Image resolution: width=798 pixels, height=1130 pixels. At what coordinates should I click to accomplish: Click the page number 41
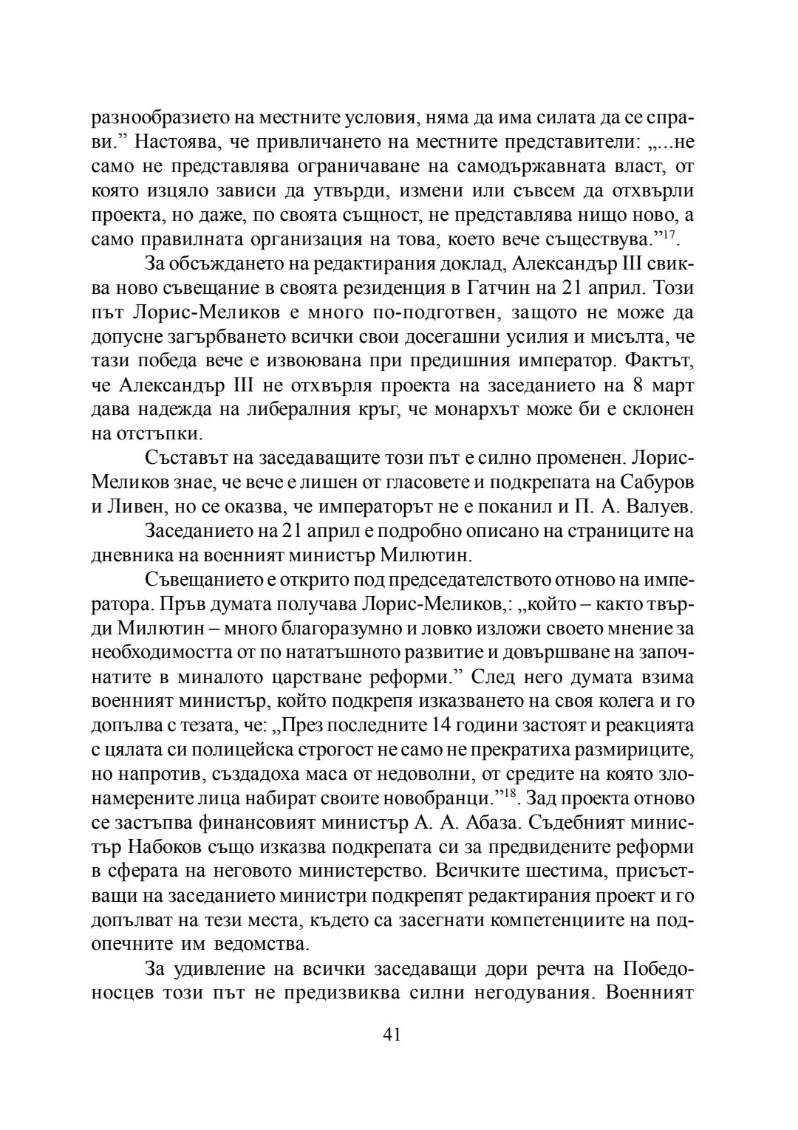point(392,1034)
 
